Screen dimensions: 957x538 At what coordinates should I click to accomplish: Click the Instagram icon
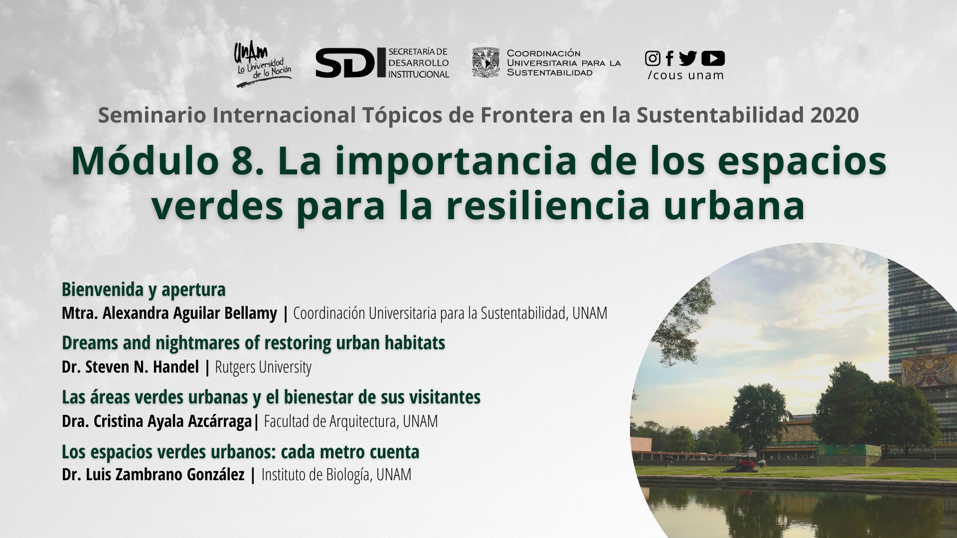coord(652,58)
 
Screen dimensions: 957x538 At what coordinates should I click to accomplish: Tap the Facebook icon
coord(669,58)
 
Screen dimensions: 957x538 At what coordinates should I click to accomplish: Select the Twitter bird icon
coord(688,58)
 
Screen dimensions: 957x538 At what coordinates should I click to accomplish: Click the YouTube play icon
coord(713,58)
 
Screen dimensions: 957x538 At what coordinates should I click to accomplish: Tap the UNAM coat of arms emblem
coord(485,62)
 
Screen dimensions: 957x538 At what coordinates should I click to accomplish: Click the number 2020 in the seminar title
coord(834,115)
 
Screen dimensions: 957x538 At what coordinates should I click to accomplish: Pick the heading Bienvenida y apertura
coord(144,289)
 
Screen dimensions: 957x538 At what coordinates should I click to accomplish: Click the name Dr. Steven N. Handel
coord(130,367)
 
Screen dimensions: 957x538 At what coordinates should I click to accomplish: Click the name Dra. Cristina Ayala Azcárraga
coord(157,421)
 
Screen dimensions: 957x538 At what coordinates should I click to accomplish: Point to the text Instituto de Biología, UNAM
coord(336,475)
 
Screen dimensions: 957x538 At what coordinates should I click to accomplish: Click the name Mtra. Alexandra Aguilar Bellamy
coord(169,313)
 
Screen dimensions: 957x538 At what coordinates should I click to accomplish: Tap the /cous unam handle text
coord(686,76)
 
